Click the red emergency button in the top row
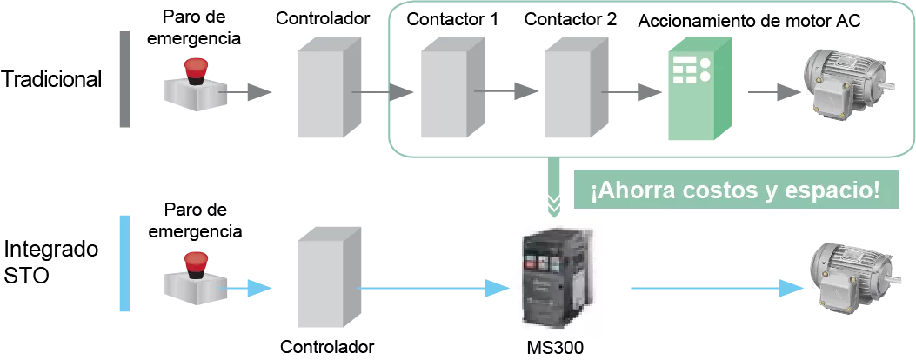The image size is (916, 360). click(x=196, y=68)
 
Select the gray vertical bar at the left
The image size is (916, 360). click(x=125, y=79)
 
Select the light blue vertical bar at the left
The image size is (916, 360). click(x=125, y=261)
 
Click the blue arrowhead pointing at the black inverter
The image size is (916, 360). click(x=498, y=288)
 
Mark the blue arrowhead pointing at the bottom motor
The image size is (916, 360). click(x=792, y=288)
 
